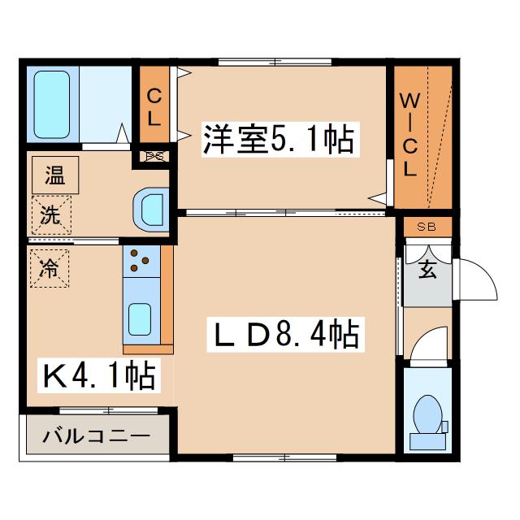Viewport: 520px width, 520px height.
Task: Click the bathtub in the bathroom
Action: [52, 105]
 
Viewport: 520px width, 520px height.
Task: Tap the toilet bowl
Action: [427, 414]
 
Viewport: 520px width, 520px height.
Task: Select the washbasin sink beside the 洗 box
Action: [151, 210]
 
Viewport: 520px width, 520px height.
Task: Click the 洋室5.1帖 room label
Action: [280, 139]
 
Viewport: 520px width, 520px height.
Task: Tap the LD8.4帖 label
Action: [285, 334]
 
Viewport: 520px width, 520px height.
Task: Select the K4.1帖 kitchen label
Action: [99, 375]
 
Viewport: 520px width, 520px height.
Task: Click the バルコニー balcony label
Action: [97, 435]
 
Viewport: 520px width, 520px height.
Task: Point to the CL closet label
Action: [154, 107]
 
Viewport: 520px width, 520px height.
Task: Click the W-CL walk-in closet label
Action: [410, 135]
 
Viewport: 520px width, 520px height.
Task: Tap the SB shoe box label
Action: [427, 227]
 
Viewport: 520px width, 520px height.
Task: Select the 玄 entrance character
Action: [427, 269]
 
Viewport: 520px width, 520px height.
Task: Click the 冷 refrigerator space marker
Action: [50, 268]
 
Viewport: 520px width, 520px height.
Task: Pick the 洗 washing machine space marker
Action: [51, 214]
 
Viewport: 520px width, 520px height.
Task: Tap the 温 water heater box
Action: [55, 175]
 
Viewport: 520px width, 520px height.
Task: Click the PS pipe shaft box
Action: [154, 156]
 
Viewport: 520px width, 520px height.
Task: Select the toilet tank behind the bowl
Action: [427, 441]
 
